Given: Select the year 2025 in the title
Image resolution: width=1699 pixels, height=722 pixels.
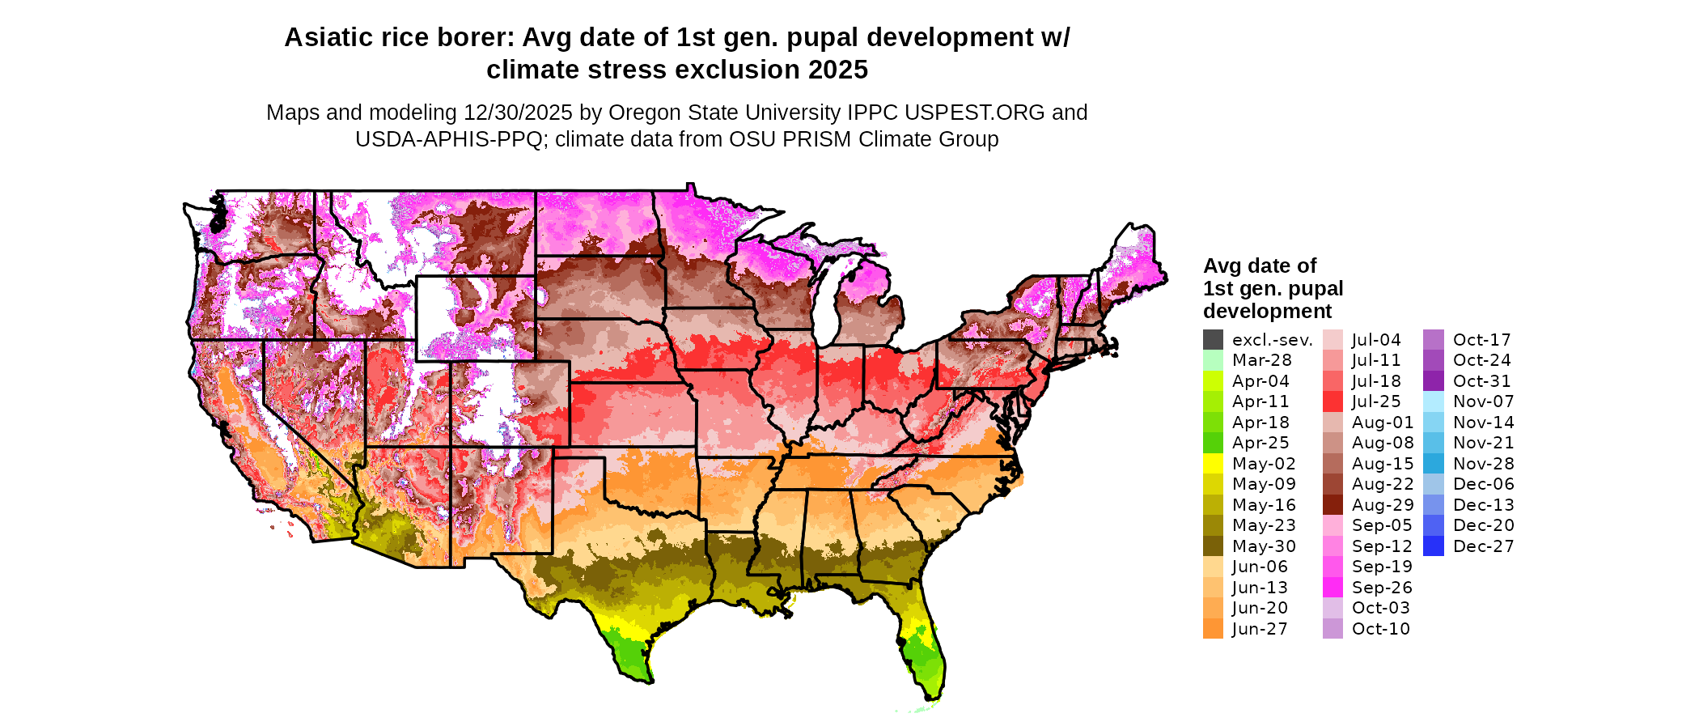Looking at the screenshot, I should tap(833, 70).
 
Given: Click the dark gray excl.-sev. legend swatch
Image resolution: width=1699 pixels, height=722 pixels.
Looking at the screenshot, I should tap(1213, 340).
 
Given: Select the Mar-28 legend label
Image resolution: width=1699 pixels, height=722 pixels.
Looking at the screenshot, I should tap(1261, 360).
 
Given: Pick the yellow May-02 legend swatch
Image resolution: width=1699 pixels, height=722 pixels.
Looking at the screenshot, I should tap(1213, 464).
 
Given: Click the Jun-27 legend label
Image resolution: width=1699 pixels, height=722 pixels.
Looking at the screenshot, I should tap(1260, 629).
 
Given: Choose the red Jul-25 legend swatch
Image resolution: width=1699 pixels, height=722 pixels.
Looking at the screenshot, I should tap(1333, 401).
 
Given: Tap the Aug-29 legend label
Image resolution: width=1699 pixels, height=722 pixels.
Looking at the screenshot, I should tap(1382, 505).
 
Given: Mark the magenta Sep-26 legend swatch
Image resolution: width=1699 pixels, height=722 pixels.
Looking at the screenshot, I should tap(1333, 588).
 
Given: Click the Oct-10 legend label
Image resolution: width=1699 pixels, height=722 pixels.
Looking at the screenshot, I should tap(1380, 629).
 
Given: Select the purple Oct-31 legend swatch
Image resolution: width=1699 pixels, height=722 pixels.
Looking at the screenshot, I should tap(1433, 381).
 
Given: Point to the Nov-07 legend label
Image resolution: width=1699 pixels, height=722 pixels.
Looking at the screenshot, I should tap(1483, 401).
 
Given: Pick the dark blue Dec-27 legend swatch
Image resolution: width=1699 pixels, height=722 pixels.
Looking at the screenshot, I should tap(1433, 546).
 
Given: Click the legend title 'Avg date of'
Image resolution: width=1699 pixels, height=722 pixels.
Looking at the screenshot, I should tap(1259, 265).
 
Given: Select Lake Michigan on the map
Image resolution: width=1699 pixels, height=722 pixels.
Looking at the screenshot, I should tap(825, 304).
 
